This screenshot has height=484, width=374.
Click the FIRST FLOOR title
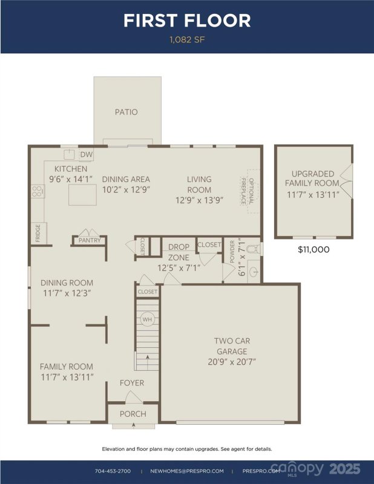[186, 21]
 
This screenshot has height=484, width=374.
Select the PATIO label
[126, 112]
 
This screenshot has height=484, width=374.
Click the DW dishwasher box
[87, 155]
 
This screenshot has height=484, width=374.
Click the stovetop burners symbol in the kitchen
[37, 191]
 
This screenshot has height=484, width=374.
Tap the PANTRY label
[90, 241]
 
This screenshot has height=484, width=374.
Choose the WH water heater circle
[146, 319]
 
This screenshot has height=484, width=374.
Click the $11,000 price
[314, 249]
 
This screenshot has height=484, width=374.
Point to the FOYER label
[132, 383]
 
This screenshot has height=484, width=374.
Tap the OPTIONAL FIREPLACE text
[246, 188]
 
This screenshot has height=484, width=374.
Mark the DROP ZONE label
[179, 252]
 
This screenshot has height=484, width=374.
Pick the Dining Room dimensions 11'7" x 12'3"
[67, 293]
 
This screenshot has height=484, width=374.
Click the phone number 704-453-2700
[113, 471]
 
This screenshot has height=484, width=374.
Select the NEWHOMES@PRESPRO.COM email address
[187, 471]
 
